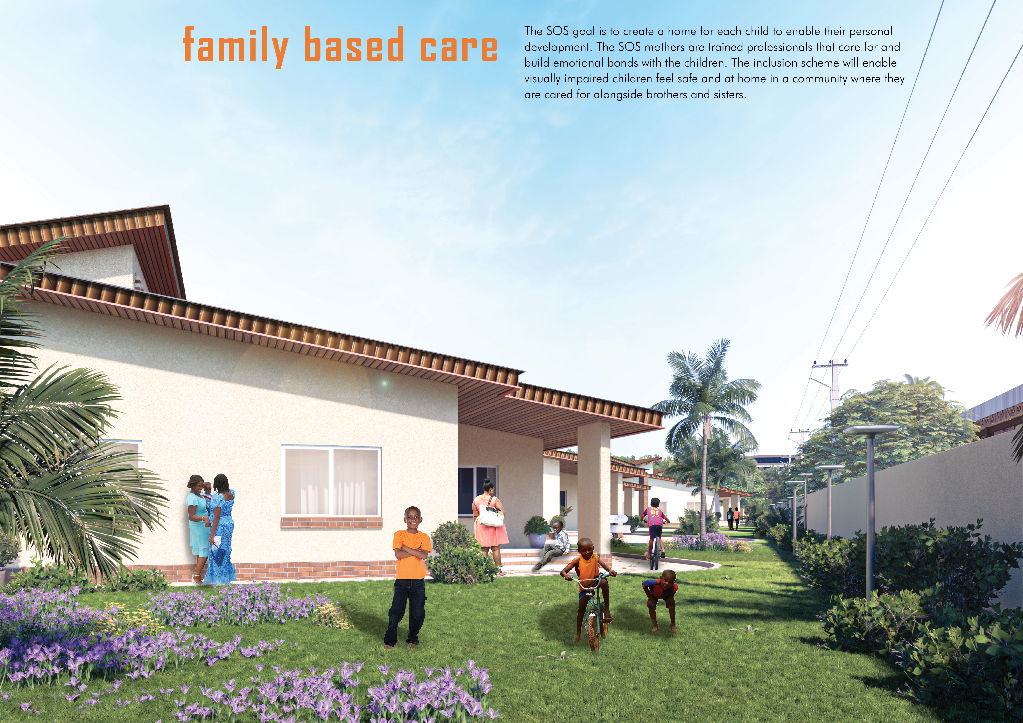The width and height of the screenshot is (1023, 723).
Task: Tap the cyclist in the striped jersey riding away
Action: [654, 528]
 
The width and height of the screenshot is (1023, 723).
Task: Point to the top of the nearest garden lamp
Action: [871, 429]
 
